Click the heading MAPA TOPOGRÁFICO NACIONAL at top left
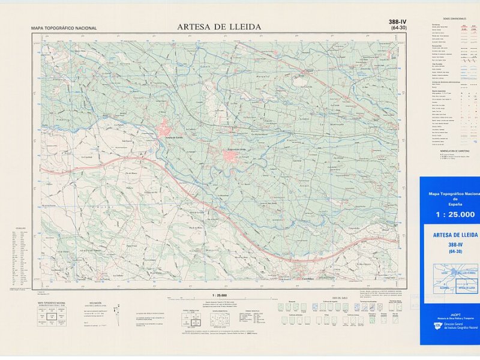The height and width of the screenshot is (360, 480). [x=64, y=28]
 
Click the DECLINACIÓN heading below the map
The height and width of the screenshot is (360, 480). [x=95, y=304]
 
